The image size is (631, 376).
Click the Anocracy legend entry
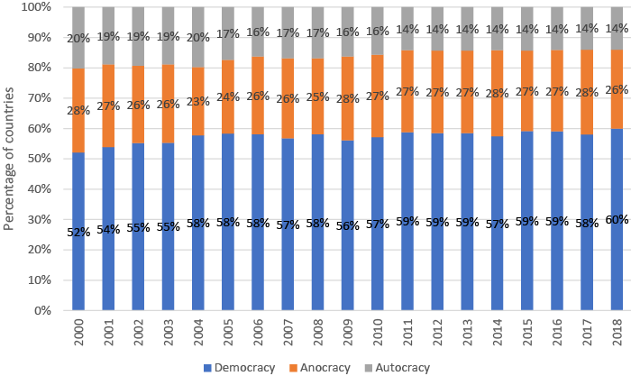(x=316, y=367)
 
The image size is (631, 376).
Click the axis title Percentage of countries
(x=10, y=158)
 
